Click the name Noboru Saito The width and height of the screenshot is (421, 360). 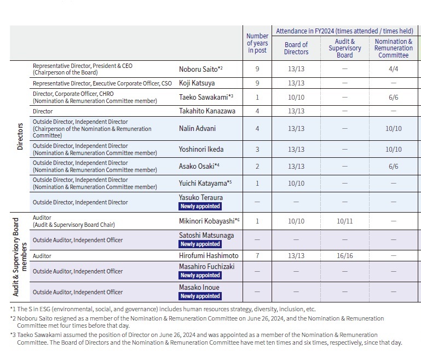[x=198, y=69]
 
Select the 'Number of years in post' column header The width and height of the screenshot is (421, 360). [x=257, y=43]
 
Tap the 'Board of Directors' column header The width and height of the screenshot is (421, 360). [x=296, y=48]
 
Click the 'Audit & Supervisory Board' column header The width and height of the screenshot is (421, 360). [x=344, y=48]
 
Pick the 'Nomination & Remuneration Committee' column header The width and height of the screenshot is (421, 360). [x=393, y=48]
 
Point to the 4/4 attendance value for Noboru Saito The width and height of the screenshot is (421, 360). [x=393, y=69]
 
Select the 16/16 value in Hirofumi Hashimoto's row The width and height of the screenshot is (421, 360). [x=344, y=256]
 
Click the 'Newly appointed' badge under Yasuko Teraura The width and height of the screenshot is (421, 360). [x=200, y=206]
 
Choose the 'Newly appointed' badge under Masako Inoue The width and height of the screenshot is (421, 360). [x=200, y=296]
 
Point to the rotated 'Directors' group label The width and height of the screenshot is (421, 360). [x=20, y=136]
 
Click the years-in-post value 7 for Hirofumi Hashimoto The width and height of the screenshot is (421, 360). [x=257, y=256]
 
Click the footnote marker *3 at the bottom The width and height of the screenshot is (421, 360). [x=13, y=335]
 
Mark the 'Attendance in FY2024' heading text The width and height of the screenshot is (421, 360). [x=344, y=31]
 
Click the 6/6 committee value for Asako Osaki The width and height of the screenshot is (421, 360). [x=393, y=166]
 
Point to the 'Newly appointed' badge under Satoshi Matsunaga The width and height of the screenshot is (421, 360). [x=200, y=244]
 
